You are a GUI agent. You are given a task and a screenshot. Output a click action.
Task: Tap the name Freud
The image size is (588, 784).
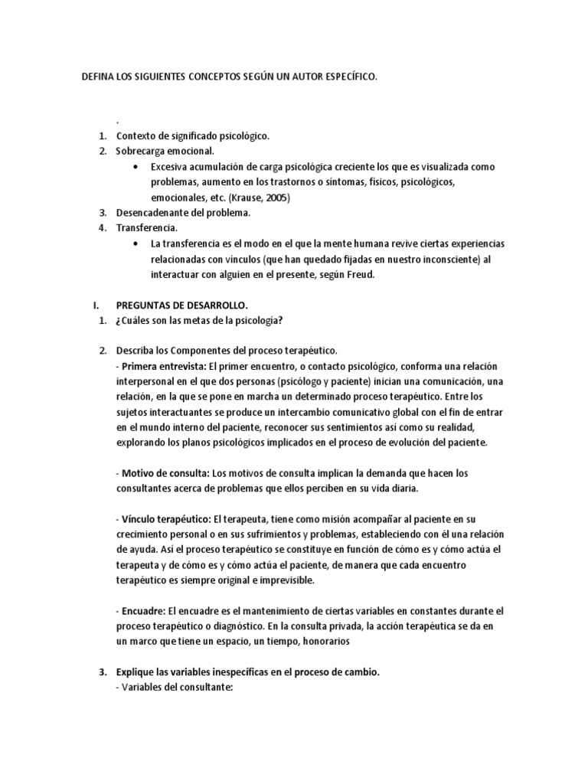pos(358,274)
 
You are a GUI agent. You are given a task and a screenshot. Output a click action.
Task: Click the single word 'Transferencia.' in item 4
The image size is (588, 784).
pos(147,227)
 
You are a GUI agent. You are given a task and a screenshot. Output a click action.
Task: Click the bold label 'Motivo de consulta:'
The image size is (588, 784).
pos(165,473)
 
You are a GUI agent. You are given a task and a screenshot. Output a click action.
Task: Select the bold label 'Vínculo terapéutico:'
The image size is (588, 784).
pos(166,519)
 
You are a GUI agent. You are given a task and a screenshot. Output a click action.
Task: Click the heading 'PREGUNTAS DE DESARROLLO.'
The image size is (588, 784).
pos(181,305)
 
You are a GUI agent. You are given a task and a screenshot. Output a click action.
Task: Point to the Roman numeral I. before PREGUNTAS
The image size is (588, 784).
pos(95,305)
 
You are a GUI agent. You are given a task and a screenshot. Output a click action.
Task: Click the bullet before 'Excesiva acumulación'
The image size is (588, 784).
pos(136,166)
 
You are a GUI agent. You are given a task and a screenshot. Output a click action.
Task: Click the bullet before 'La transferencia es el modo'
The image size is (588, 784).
pos(136,243)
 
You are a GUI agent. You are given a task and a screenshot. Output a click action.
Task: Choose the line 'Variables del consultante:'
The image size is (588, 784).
pos(174,688)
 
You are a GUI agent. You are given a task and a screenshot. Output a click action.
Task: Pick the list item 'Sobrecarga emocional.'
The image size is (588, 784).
pos(165,151)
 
